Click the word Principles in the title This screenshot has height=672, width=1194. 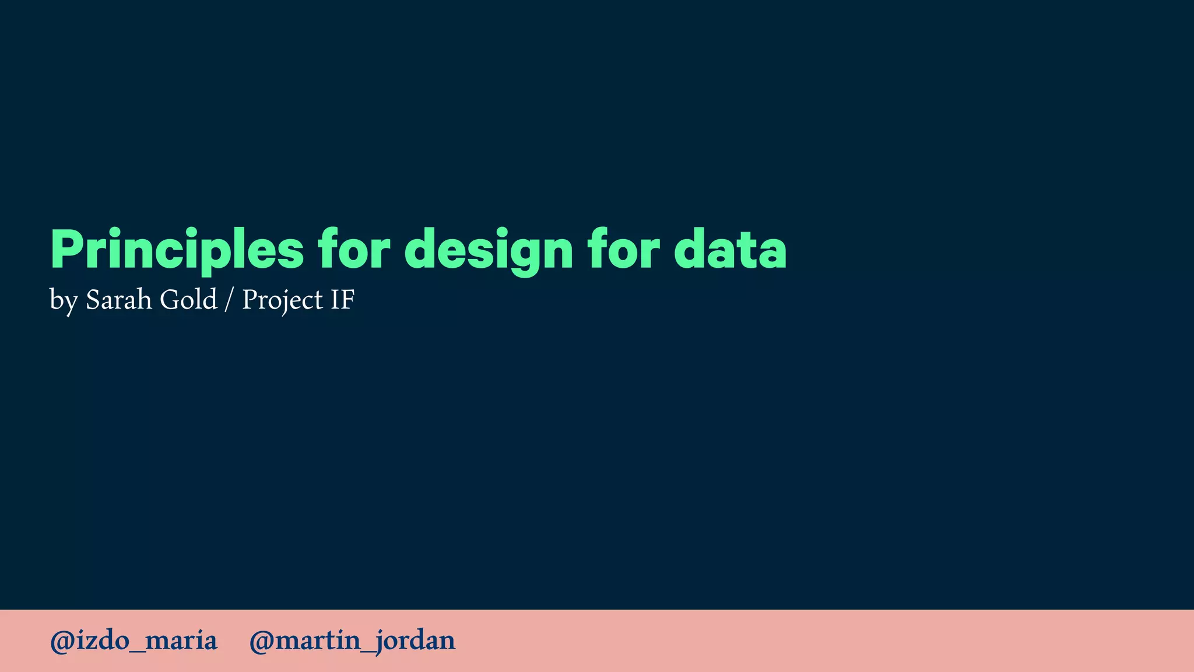177,250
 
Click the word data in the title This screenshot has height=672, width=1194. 730,250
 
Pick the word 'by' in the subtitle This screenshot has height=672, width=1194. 64,301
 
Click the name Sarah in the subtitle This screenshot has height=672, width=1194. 118,300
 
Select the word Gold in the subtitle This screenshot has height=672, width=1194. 188,300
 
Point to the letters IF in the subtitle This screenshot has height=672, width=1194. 342,300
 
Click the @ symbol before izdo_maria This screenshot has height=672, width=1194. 62,641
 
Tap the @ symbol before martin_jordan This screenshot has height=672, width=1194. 261,641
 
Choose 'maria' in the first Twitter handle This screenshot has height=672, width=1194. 181,641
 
